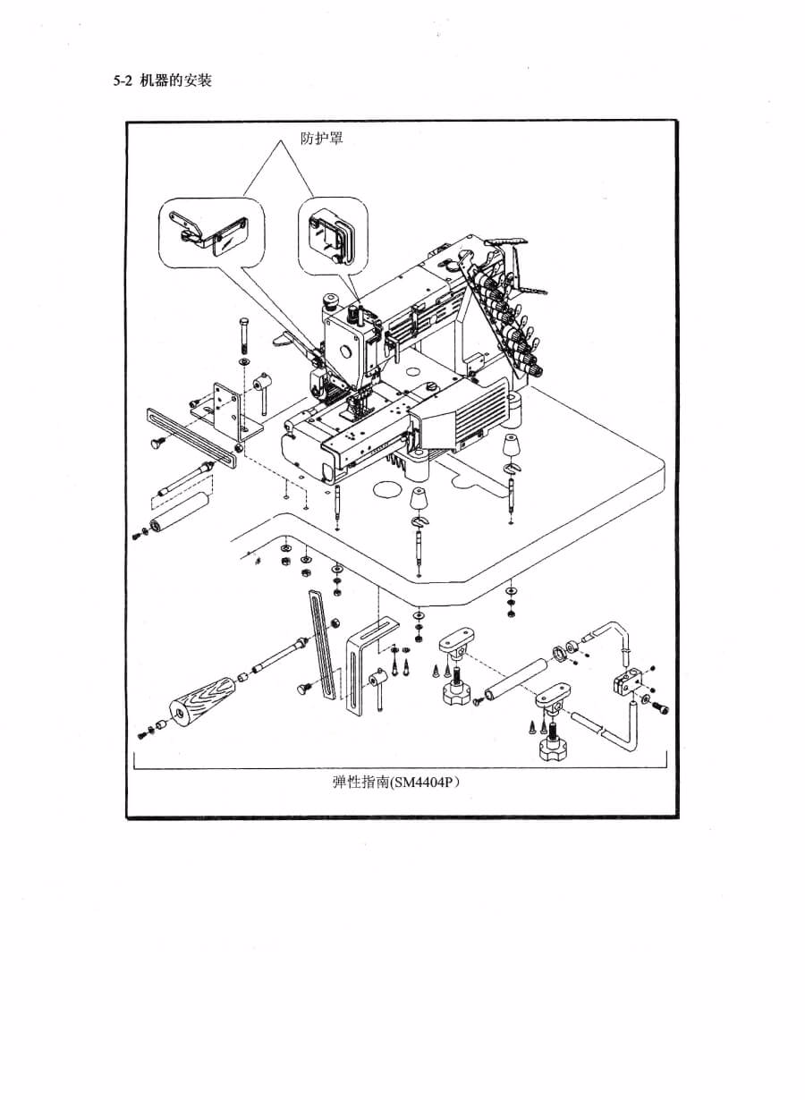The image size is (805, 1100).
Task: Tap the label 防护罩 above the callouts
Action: (321, 140)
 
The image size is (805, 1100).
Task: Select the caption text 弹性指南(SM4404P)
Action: (396, 782)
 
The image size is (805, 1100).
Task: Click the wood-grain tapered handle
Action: (201, 700)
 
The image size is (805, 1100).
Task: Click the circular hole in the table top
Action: (387, 489)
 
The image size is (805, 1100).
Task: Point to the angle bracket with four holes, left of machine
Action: (224, 407)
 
